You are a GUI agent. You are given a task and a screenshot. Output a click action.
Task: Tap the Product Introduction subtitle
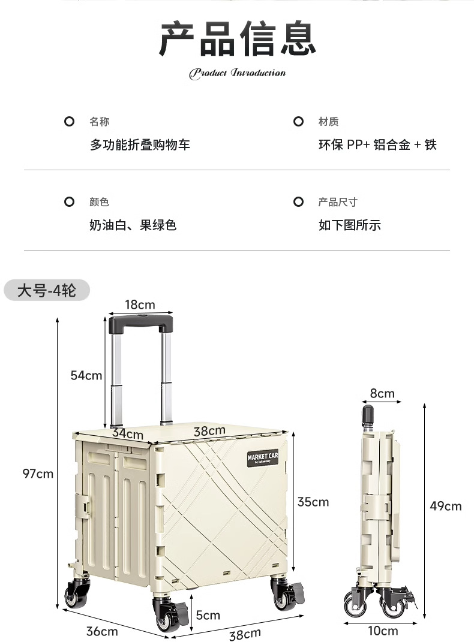tap(238, 73)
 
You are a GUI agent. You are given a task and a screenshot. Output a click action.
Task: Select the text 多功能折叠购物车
tap(140, 144)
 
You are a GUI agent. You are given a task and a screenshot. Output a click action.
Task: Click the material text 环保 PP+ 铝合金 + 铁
tap(377, 144)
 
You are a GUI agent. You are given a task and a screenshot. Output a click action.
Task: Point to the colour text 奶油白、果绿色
tap(133, 225)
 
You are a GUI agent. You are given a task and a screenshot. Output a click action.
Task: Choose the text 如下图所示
tap(349, 225)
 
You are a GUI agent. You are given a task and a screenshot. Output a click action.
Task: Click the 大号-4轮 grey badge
tap(47, 291)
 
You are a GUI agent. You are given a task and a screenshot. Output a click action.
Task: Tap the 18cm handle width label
tap(140, 305)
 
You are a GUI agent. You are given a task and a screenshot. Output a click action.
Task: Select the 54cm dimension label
tap(86, 376)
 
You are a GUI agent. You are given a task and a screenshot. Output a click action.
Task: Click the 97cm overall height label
tap(38, 474)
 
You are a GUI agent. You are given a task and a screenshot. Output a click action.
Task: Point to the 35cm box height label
tap(313, 502)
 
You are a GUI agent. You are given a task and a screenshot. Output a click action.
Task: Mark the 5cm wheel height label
tap(208, 615)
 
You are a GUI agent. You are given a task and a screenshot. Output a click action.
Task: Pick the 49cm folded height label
tap(446, 506)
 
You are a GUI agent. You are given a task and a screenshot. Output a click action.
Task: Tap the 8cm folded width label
tap(382, 393)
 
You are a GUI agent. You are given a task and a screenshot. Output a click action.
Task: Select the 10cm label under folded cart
tap(383, 631)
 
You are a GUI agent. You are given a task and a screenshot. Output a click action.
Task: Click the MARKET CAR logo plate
tap(262, 457)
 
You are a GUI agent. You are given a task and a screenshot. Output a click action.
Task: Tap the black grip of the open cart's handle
tap(141, 324)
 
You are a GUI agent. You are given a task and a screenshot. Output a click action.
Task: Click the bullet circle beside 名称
tap(69, 122)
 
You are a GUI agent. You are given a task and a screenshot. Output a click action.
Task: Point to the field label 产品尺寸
tap(337, 202)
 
